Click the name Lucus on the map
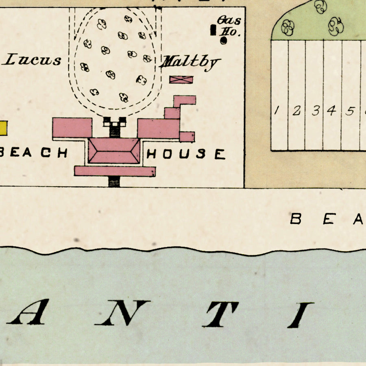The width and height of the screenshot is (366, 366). coord(33,61)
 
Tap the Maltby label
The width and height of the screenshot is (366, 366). coord(190,63)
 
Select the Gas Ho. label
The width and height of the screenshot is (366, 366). coord(230,26)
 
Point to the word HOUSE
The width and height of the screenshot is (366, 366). coord(185,154)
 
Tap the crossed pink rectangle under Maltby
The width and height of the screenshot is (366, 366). coord(181,79)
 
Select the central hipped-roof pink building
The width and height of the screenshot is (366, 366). coord(114,150)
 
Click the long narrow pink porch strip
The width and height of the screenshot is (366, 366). coord(114,171)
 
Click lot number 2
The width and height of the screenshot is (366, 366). coord(296,110)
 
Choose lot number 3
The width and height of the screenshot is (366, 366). coord(315,110)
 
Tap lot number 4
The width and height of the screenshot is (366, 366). coord(332,110)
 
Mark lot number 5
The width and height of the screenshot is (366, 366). coord(349,111)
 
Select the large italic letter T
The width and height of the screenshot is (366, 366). coord(220,314)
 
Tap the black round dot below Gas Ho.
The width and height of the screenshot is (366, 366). coord(224,40)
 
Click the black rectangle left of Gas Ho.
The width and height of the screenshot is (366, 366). coord(213,30)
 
